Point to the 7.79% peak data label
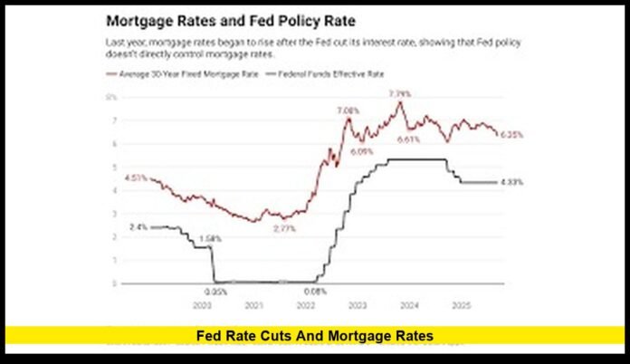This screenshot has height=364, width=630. [400, 94]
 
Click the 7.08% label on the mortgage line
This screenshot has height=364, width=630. [348, 110]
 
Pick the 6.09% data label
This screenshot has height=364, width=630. [363, 151]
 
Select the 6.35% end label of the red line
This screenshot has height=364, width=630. [511, 134]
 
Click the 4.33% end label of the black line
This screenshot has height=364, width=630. [511, 182]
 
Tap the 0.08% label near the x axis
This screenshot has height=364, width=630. [315, 292]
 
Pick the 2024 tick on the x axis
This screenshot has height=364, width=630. [408, 306]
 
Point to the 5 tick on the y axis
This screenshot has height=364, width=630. [113, 167]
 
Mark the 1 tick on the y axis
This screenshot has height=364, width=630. [113, 260]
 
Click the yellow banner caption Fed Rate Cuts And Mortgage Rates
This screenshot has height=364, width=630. [315, 337]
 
